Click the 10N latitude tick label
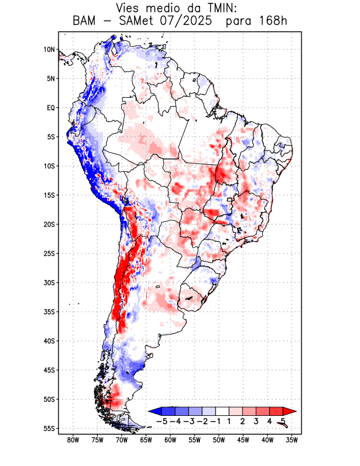tap(49, 50)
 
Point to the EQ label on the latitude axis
tap(51, 108)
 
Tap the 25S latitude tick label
tap(49, 253)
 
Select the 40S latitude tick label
tap(49, 341)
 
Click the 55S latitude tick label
tap(49, 428)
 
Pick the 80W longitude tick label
tap(73, 440)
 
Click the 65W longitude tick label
tap(146, 440)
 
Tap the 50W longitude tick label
tap(218, 440)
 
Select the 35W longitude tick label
tap(291, 440)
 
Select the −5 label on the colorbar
tap(163, 421)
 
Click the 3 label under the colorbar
tap(256, 421)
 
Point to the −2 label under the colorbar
tap(203, 421)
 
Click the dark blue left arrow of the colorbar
tap(154, 412)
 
